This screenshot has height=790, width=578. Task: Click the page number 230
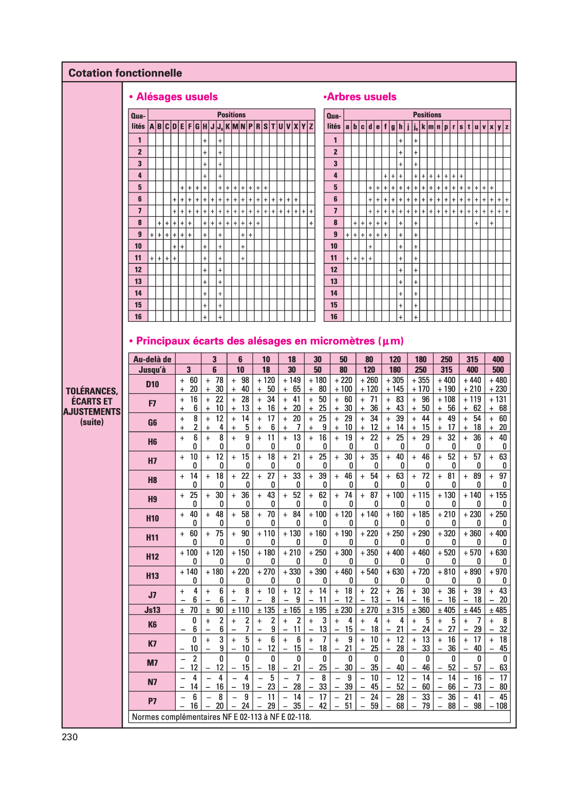70,737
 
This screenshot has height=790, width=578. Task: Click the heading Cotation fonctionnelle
125,73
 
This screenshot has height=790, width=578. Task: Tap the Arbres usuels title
361,97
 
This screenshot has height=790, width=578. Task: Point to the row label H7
153,461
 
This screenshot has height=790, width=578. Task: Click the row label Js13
153,610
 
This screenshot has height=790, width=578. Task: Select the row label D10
153,384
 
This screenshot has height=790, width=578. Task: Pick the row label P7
153,701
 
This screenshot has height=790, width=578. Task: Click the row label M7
153,663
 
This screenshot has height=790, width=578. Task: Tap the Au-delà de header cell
153,359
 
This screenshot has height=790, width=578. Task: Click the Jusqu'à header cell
153,370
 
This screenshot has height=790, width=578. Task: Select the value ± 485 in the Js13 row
498,610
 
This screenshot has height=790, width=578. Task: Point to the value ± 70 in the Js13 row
189,610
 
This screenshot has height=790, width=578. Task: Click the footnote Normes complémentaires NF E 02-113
221,717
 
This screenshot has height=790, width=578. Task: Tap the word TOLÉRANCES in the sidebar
91,391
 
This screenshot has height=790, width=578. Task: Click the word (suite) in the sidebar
92,422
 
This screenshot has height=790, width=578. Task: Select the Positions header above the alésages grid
231,115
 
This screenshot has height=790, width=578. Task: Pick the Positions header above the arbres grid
427,115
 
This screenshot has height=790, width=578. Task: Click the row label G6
153,422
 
